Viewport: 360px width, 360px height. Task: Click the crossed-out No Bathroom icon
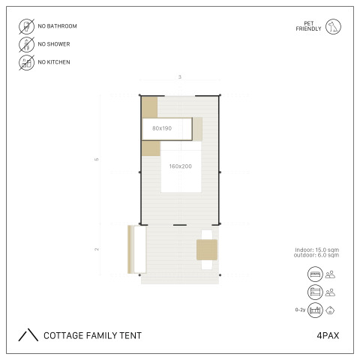click(x=26, y=26)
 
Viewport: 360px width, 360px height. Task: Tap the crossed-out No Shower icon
click(x=26, y=44)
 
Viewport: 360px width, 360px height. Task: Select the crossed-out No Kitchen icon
click(x=26, y=62)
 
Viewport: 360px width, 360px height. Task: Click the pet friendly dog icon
click(x=333, y=26)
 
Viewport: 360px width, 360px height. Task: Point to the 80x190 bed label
click(x=162, y=128)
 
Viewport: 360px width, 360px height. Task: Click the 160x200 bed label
click(x=181, y=166)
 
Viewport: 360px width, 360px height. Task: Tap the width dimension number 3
click(x=180, y=77)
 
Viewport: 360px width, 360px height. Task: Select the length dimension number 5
click(x=97, y=160)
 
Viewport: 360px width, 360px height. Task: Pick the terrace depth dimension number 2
click(x=97, y=249)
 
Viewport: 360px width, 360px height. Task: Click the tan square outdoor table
click(x=207, y=250)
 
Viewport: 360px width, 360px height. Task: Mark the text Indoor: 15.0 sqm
click(x=317, y=250)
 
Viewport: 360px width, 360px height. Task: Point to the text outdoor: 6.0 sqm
click(x=316, y=255)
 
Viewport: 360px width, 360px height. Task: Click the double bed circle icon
click(x=315, y=274)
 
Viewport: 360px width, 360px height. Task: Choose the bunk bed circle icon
click(x=315, y=292)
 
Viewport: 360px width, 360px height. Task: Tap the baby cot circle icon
click(x=315, y=310)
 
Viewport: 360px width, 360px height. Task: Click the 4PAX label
click(x=328, y=335)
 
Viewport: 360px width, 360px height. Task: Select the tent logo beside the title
click(x=28, y=334)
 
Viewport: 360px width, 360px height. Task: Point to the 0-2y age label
click(x=300, y=310)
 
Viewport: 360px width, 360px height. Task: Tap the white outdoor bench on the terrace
click(x=140, y=249)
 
